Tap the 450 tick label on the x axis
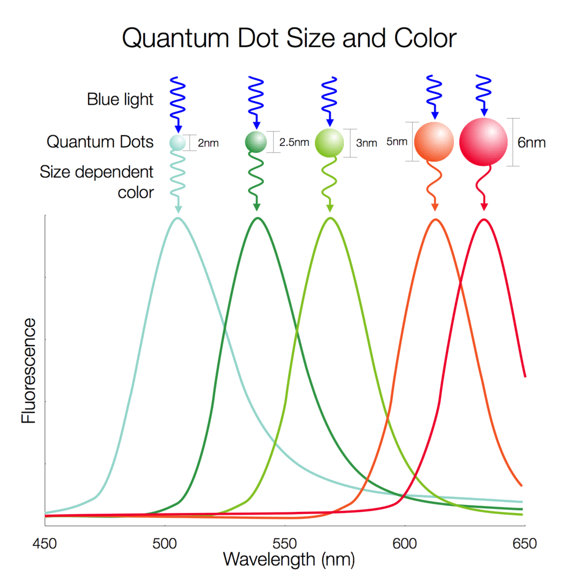click(x=45, y=544)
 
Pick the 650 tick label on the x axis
click(x=525, y=544)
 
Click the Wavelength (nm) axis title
click(x=288, y=560)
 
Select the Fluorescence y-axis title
click(x=29, y=371)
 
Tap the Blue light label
click(x=120, y=100)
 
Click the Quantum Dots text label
click(x=100, y=142)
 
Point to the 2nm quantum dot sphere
click(x=177, y=142)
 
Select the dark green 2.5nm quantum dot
click(x=255, y=142)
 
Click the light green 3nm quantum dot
click(x=329, y=143)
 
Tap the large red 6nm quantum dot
click(x=483, y=142)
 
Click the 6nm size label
click(x=532, y=142)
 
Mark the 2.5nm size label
click(x=294, y=142)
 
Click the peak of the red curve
click(x=483, y=219)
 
